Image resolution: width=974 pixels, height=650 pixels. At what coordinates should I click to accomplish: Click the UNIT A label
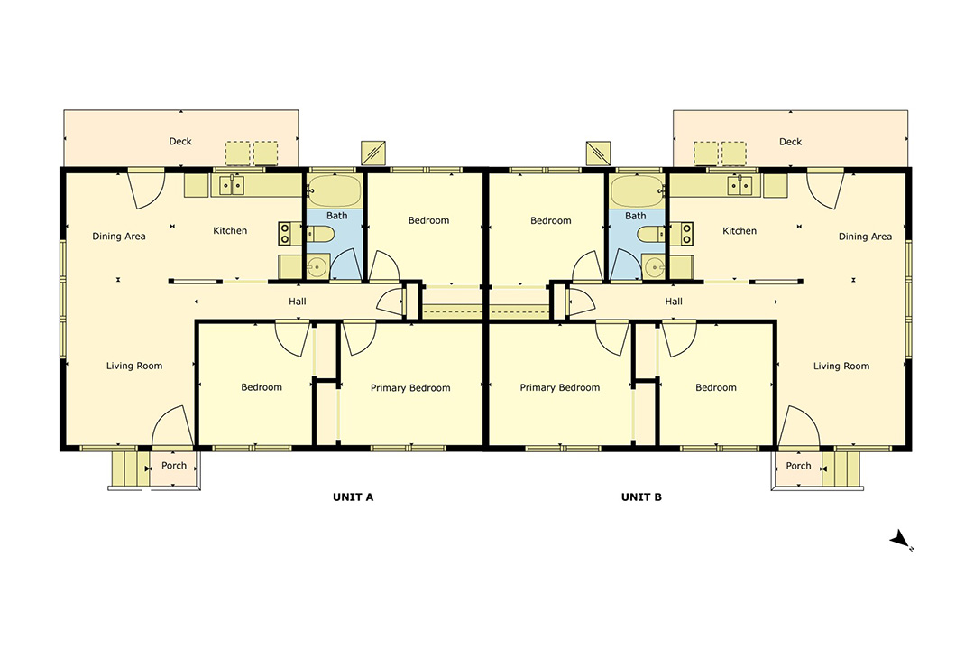[x=353, y=497]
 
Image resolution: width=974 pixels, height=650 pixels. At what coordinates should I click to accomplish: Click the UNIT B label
[x=641, y=497]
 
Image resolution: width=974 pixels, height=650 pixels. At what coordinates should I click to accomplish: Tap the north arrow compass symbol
[x=901, y=540]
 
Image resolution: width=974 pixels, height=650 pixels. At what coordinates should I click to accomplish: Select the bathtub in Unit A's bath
[x=335, y=190]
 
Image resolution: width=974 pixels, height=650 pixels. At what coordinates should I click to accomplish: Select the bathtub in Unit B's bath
[x=637, y=190]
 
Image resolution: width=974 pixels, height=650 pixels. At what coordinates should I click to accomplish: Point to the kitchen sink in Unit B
[x=740, y=185]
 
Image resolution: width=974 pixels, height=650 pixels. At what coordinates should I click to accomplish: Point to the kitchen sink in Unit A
[x=232, y=185]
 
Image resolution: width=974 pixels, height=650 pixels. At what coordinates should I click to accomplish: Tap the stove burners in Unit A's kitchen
[x=285, y=233]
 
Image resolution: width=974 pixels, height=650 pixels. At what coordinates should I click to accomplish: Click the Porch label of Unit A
[x=174, y=465]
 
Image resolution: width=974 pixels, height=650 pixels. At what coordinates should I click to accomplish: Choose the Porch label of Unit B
[x=798, y=465]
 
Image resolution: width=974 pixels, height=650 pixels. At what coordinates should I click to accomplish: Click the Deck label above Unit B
[x=790, y=142]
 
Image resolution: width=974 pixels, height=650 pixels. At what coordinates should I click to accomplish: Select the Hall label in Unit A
[x=298, y=301]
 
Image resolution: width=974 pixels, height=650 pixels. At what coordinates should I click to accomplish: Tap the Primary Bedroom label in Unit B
[x=560, y=387]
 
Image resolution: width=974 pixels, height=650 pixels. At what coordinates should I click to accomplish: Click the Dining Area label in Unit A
[x=119, y=237]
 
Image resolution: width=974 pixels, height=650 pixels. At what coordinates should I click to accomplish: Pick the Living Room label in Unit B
[x=841, y=366]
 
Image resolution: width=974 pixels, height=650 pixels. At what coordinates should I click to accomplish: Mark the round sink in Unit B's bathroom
[x=654, y=267]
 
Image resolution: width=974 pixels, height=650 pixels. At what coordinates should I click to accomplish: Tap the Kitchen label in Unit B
[x=740, y=231]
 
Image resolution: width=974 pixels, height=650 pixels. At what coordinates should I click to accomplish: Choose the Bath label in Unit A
[x=336, y=216]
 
